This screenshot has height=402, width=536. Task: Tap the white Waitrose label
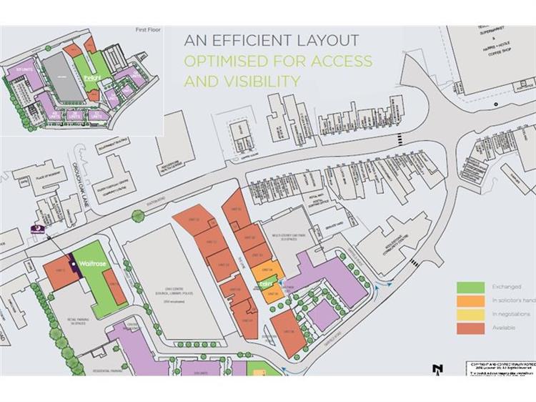93,264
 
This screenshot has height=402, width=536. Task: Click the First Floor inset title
149,31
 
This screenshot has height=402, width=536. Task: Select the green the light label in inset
91,77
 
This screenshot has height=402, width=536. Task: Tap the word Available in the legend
503,329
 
